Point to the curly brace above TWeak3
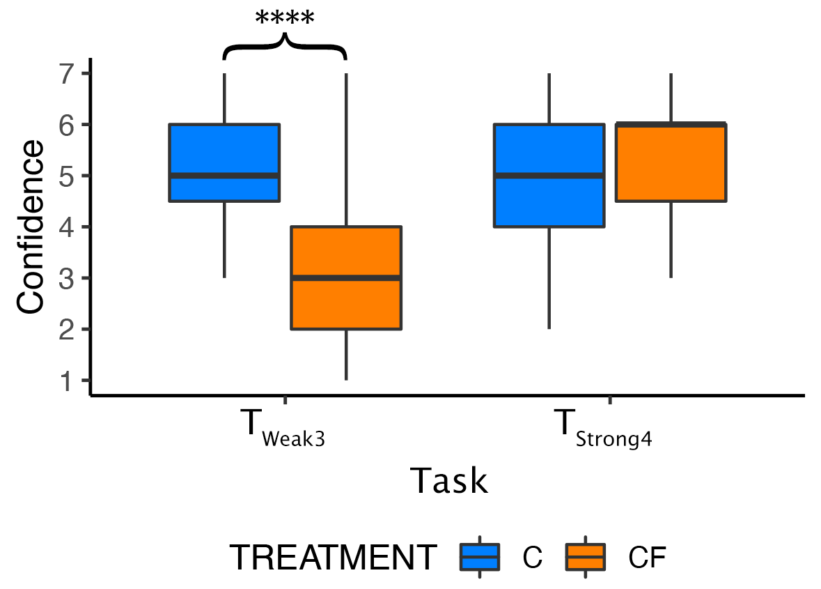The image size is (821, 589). pyautogui.click(x=285, y=47)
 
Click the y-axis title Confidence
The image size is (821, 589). pyautogui.click(x=31, y=227)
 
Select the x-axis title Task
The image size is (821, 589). pyautogui.click(x=448, y=480)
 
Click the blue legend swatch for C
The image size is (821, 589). pyautogui.click(x=480, y=557)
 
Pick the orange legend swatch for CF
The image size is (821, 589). pyautogui.click(x=585, y=557)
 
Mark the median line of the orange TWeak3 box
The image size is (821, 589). pyautogui.click(x=346, y=277)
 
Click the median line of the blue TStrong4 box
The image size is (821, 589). pyautogui.click(x=549, y=175)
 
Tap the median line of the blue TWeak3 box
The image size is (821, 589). pyautogui.click(x=224, y=175)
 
